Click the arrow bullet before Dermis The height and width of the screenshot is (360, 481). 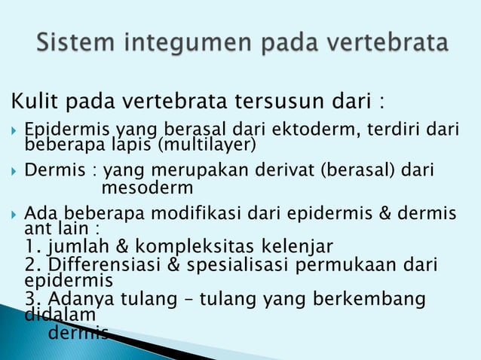point(14,171)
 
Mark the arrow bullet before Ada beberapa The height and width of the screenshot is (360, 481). point(14,213)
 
